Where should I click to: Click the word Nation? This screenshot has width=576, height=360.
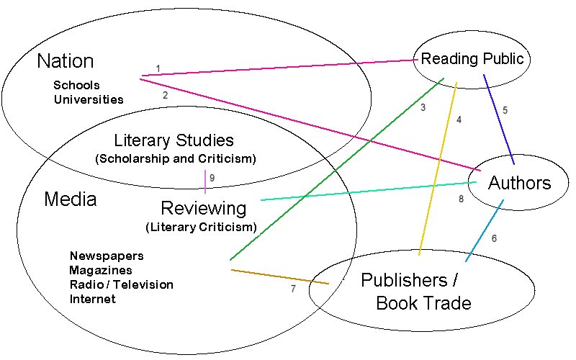point(66,60)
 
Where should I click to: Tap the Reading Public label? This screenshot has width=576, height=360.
point(472,58)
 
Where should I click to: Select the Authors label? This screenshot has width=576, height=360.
point(519,183)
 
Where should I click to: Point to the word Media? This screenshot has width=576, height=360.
point(71,199)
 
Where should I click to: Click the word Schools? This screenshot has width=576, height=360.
point(76,85)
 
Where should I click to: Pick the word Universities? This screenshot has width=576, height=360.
point(89,99)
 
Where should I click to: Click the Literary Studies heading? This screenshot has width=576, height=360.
point(174,140)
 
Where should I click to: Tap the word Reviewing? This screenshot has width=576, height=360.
point(203,209)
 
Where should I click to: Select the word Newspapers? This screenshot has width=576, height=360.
point(107,256)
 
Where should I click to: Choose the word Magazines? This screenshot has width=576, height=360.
point(101,270)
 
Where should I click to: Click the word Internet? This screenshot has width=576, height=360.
point(92,299)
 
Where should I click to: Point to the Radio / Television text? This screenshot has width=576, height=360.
point(121,284)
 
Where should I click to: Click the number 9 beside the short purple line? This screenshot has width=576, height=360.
point(212,178)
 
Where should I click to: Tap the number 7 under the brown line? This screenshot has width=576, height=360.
point(293,289)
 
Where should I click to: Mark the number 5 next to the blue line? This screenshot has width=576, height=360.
point(505,110)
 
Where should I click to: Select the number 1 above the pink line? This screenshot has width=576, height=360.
point(158,69)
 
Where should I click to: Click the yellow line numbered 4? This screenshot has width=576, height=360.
point(437,173)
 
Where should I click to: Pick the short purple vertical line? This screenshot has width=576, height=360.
point(205,182)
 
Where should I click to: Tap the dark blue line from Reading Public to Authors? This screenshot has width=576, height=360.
point(499,120)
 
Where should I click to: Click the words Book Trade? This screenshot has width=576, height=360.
point(423,302)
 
